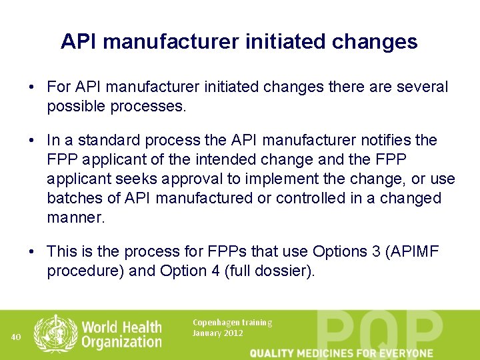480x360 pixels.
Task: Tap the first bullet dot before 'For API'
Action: [32, 87]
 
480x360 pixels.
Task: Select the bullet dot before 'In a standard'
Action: [32, 141]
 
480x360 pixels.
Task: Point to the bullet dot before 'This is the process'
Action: [32, 252]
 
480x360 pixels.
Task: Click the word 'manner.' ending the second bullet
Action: [76, 218]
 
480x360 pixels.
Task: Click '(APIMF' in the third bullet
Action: [413, 252]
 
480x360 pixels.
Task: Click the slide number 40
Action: [16, 337]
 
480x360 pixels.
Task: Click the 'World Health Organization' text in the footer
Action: [121, 334]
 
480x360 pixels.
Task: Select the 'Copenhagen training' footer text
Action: [232, 323]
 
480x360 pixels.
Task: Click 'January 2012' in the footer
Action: [217, 333]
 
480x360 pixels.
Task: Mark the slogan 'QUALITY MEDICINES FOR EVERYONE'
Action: [341, 353]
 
